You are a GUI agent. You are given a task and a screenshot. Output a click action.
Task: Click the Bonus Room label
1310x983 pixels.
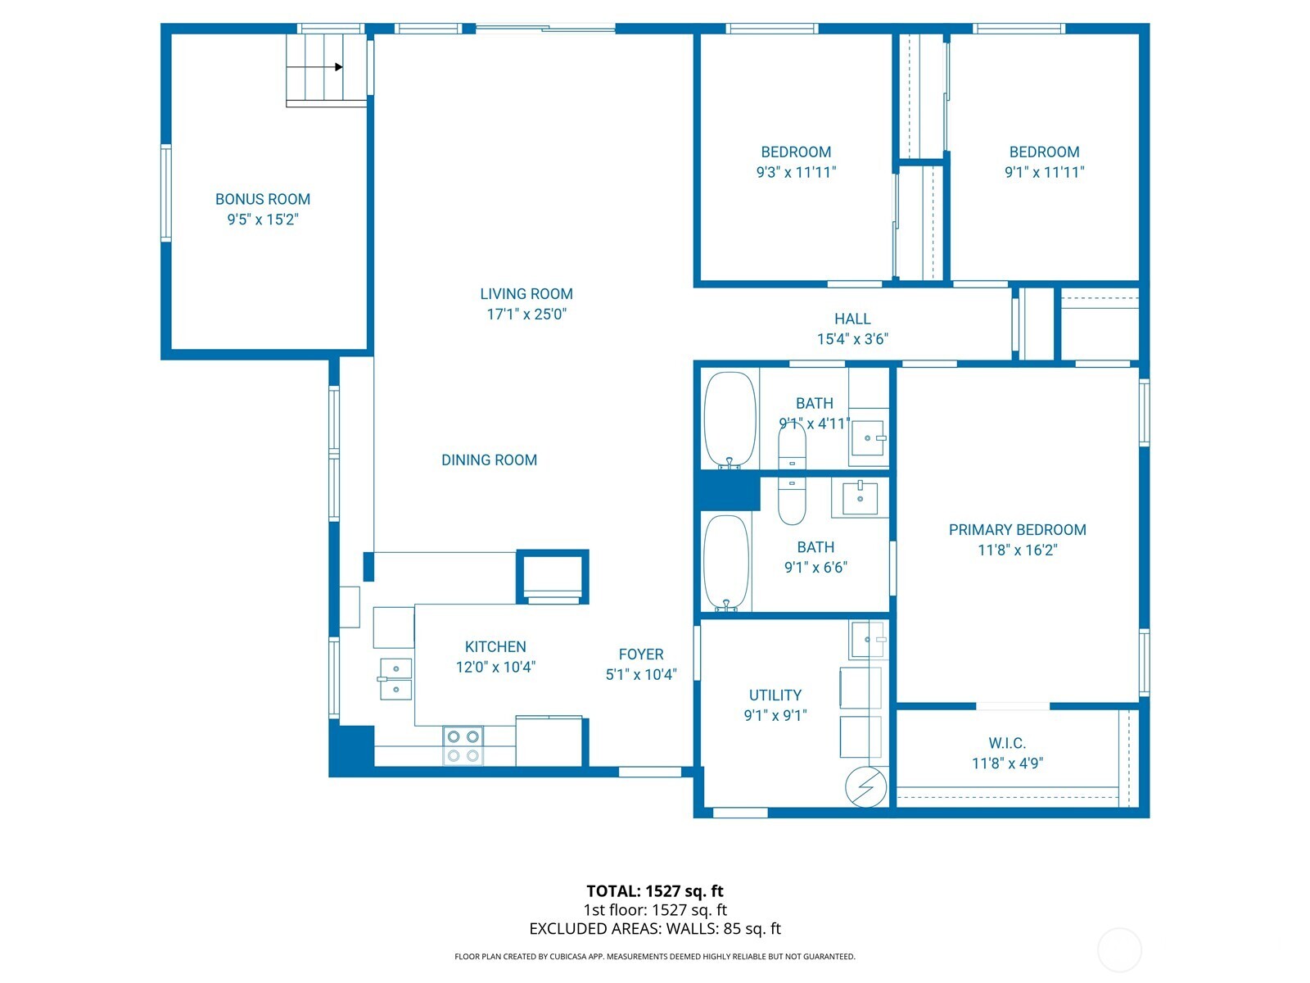coord(262,199)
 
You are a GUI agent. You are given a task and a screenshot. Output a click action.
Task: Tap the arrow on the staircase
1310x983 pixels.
coord(338,67)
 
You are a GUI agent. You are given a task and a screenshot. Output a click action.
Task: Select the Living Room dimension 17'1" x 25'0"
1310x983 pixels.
coord(526,314)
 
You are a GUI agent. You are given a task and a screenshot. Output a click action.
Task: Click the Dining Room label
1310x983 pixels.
coord(489,460)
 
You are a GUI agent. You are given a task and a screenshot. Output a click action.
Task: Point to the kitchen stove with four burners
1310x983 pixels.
coord(463,745)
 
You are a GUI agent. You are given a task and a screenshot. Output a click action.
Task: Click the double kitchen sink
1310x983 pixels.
coord(395,679)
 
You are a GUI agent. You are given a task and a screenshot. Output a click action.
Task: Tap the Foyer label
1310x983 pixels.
coord(640,655)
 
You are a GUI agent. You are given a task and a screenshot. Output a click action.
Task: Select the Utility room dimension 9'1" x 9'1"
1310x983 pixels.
coord(775,715)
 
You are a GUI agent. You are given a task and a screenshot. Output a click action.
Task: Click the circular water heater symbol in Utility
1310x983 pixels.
coord(865,786)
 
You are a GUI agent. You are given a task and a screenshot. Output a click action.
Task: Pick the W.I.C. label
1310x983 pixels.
coord(1006,743)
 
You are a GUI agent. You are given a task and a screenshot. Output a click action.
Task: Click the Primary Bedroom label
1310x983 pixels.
coord(1017,530)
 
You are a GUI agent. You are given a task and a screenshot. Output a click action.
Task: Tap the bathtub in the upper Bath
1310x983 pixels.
coord(730,420)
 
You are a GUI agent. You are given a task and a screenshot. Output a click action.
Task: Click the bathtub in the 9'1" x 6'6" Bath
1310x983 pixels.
coord(726,563)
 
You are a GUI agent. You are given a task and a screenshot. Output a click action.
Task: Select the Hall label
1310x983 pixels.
coord(851,319)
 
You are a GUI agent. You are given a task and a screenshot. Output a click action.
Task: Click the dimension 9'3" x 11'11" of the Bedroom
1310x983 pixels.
coord(796,172)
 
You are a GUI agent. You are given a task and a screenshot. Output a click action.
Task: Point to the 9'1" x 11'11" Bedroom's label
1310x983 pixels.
coord(1044,152)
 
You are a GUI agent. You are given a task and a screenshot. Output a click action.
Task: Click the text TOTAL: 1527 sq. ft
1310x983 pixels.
coord(654,891)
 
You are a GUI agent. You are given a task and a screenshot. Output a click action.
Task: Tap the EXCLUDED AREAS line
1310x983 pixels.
coord(654,929)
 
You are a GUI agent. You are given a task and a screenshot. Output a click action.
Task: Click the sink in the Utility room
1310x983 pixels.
coord(868,639)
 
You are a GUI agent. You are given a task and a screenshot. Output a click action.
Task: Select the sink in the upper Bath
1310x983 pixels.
coord(868,438)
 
